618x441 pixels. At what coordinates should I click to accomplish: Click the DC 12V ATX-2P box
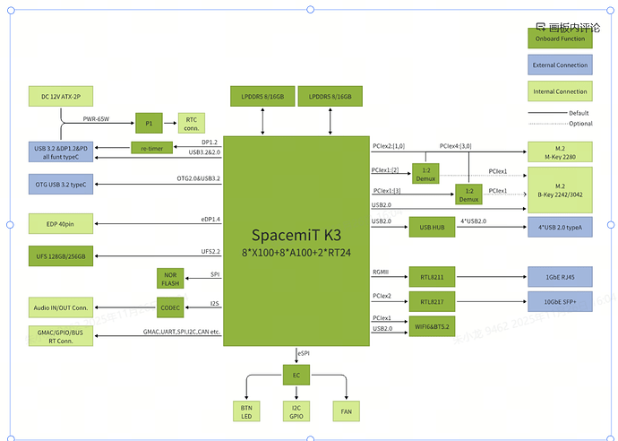click(62, 96)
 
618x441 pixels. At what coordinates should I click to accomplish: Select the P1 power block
click(149, 122)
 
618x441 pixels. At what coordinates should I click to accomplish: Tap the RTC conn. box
click(192, 122)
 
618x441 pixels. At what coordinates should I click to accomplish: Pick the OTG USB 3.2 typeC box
click(62, 184)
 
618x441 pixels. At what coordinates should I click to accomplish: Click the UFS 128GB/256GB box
click(62, 256)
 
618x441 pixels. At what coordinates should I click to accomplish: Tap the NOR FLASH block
click(170, 279)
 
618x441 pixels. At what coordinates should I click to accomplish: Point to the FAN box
click(347, 411)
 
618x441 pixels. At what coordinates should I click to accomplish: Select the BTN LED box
click(246, 411)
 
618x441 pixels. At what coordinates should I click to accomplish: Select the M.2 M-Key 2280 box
click(560, 152)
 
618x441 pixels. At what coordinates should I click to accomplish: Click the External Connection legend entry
click(560, 65)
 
